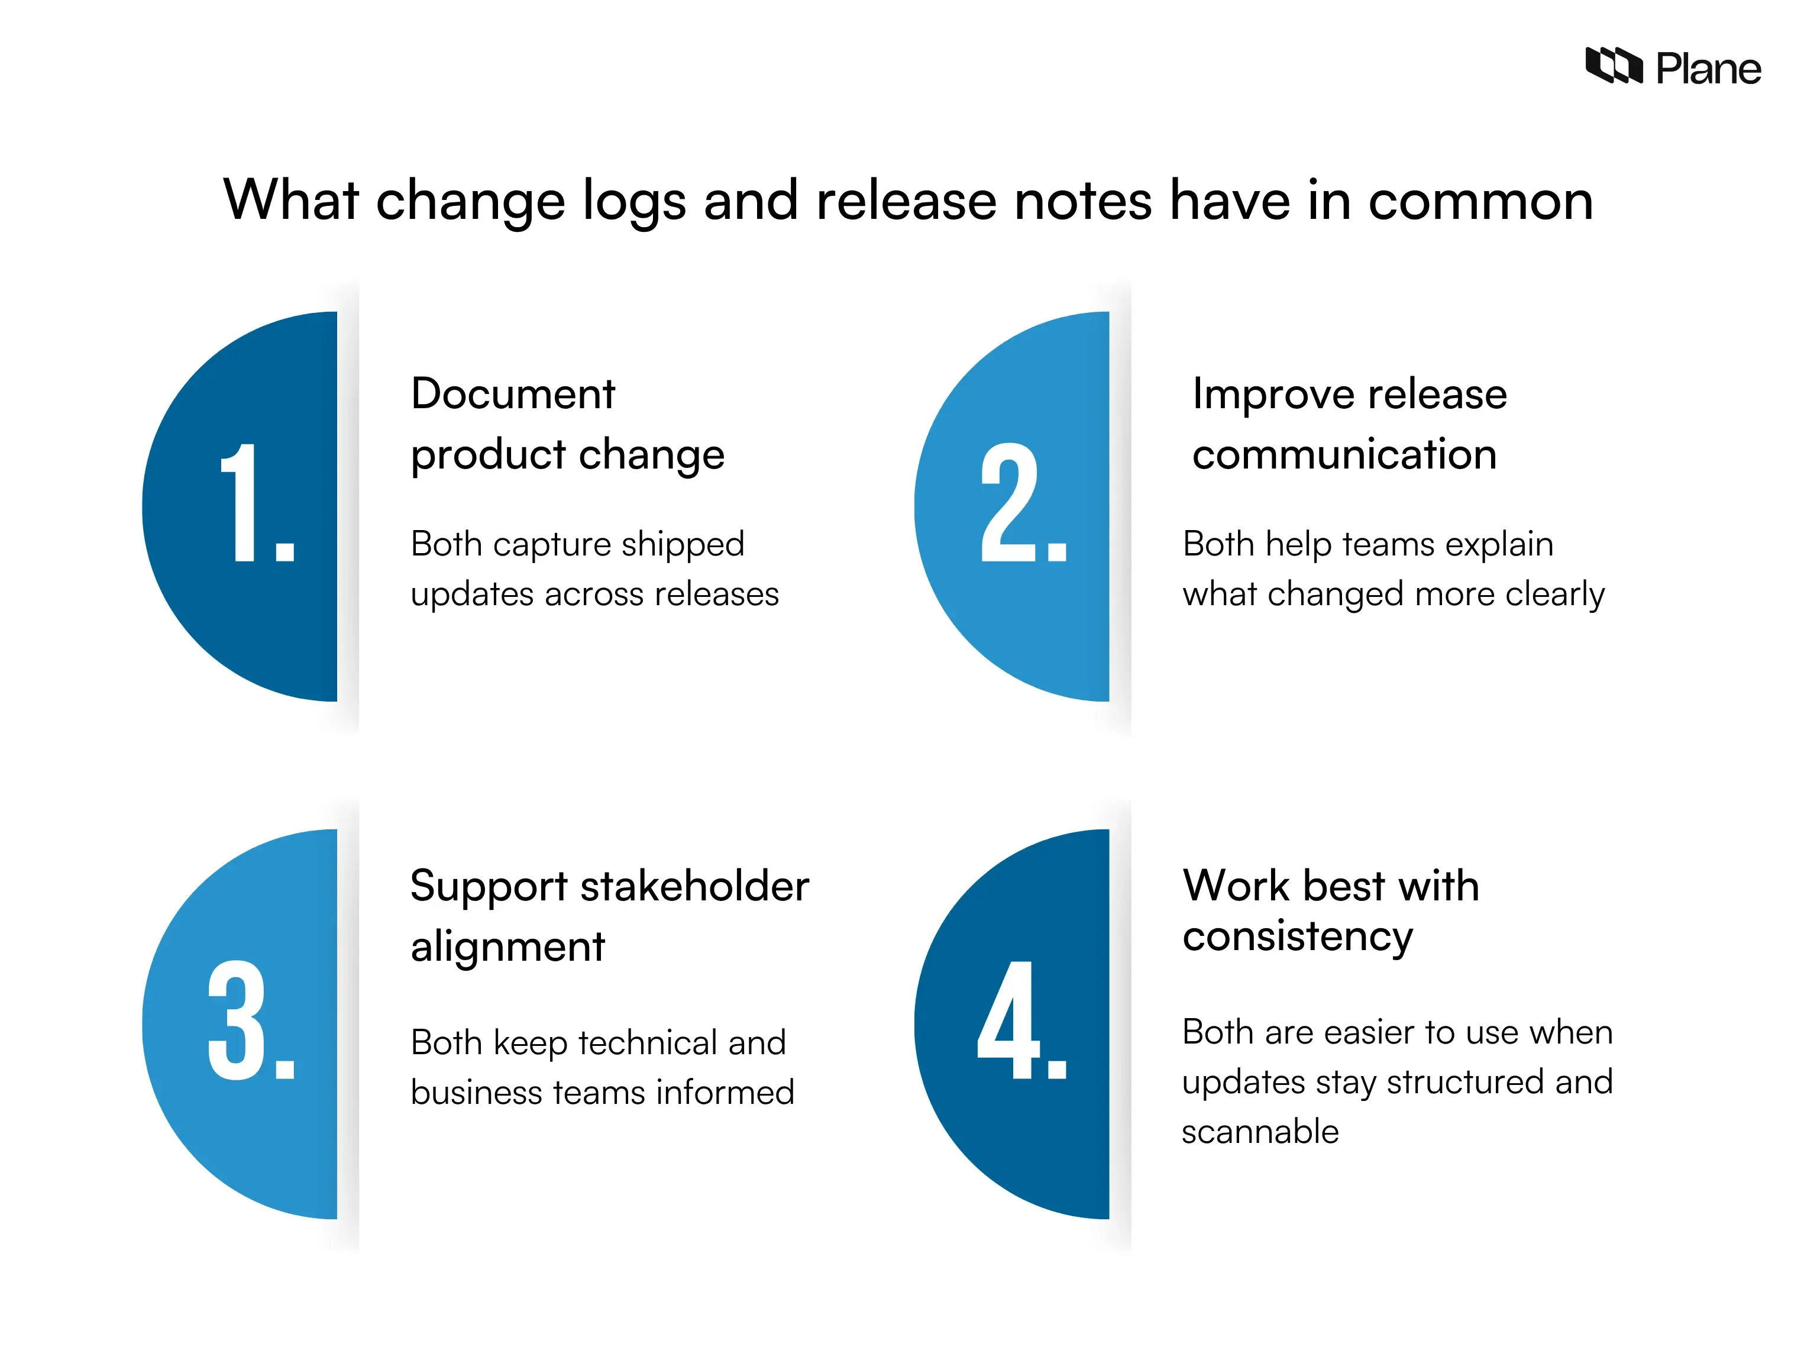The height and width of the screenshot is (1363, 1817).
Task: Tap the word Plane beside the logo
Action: (1709, 69)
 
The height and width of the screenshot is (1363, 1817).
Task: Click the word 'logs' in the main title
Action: (633, 202)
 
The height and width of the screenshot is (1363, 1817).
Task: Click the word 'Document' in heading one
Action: (513, 393)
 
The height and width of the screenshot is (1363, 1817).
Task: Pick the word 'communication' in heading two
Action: (1344, 454)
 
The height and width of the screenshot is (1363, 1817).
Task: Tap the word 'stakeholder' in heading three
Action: (695, 887)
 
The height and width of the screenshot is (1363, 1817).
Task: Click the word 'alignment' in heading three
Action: (507, 947)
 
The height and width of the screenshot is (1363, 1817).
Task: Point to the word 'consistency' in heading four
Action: (1298, 936)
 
